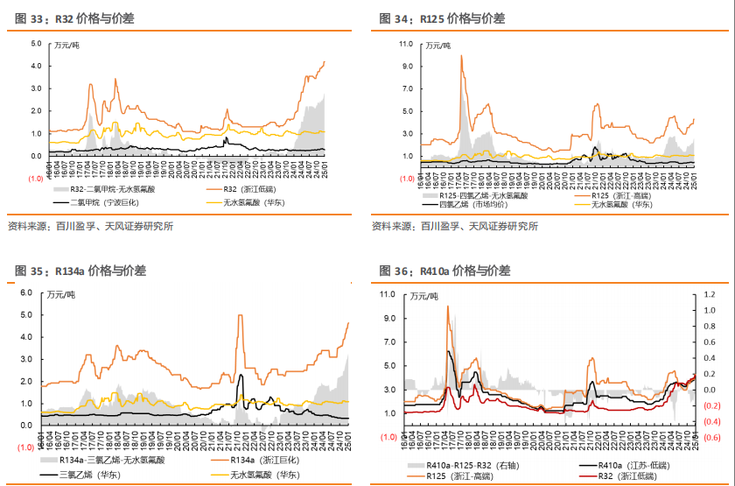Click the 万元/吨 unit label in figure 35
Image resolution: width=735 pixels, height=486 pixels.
coord(61,293)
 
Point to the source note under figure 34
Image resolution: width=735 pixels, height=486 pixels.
coord(455,227)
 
